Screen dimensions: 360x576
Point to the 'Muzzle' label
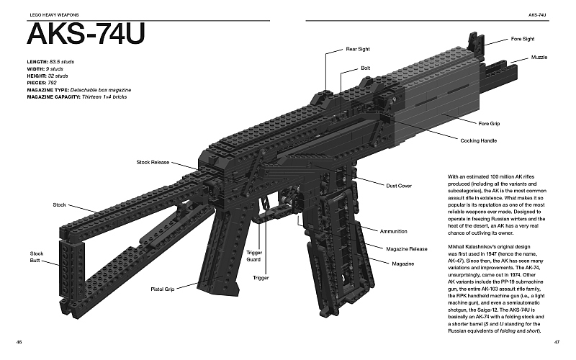[539, 56]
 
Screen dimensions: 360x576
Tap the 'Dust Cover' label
[399, 186]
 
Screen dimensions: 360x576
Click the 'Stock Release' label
[153, 163]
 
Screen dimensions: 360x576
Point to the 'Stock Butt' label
[37, 257]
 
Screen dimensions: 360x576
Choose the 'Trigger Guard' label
[253, 256]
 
